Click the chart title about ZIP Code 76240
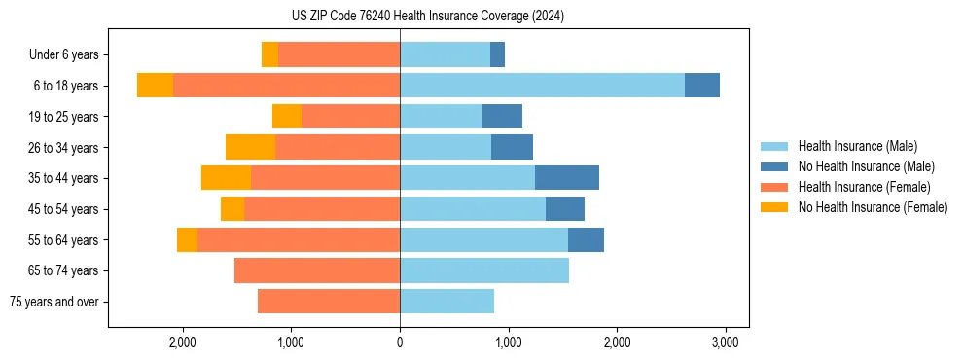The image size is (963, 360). coord(427,16)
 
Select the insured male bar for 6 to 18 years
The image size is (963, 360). coord(542,86)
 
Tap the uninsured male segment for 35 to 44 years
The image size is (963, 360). coord(567,178)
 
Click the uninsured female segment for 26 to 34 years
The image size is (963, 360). coord(250,147)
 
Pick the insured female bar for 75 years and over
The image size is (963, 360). coord(329,302)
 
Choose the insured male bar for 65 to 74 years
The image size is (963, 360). coord(484,270)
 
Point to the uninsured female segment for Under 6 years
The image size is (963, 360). coord(269,54)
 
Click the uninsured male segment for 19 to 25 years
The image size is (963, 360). coord(502,117)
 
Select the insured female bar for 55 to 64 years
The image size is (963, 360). coord(299,239)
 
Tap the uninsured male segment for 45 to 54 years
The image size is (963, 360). coord(565,209)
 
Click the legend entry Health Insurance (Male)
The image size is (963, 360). coord(857,146)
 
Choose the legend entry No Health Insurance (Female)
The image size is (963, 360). coord(873,207)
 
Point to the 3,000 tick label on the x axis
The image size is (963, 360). coord(724,342)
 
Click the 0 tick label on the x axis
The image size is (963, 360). coord(400,342)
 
